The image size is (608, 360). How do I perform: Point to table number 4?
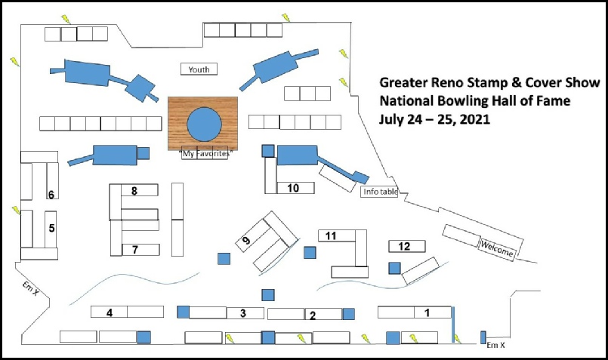109,312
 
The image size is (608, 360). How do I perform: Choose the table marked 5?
51,229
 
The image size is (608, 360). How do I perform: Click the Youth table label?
199,69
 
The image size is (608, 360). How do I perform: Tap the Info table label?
380,192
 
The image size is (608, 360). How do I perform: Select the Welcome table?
497,248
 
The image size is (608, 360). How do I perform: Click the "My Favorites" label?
206,154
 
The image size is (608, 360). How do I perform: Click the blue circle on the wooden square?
205,125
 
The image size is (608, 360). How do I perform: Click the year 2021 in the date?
475,119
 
